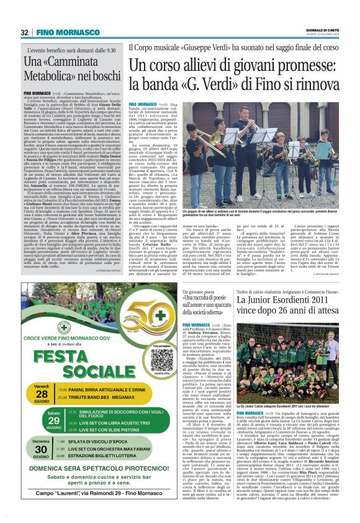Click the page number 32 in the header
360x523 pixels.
(x=24, y=32)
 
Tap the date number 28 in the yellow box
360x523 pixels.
(x=41, y=396)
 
